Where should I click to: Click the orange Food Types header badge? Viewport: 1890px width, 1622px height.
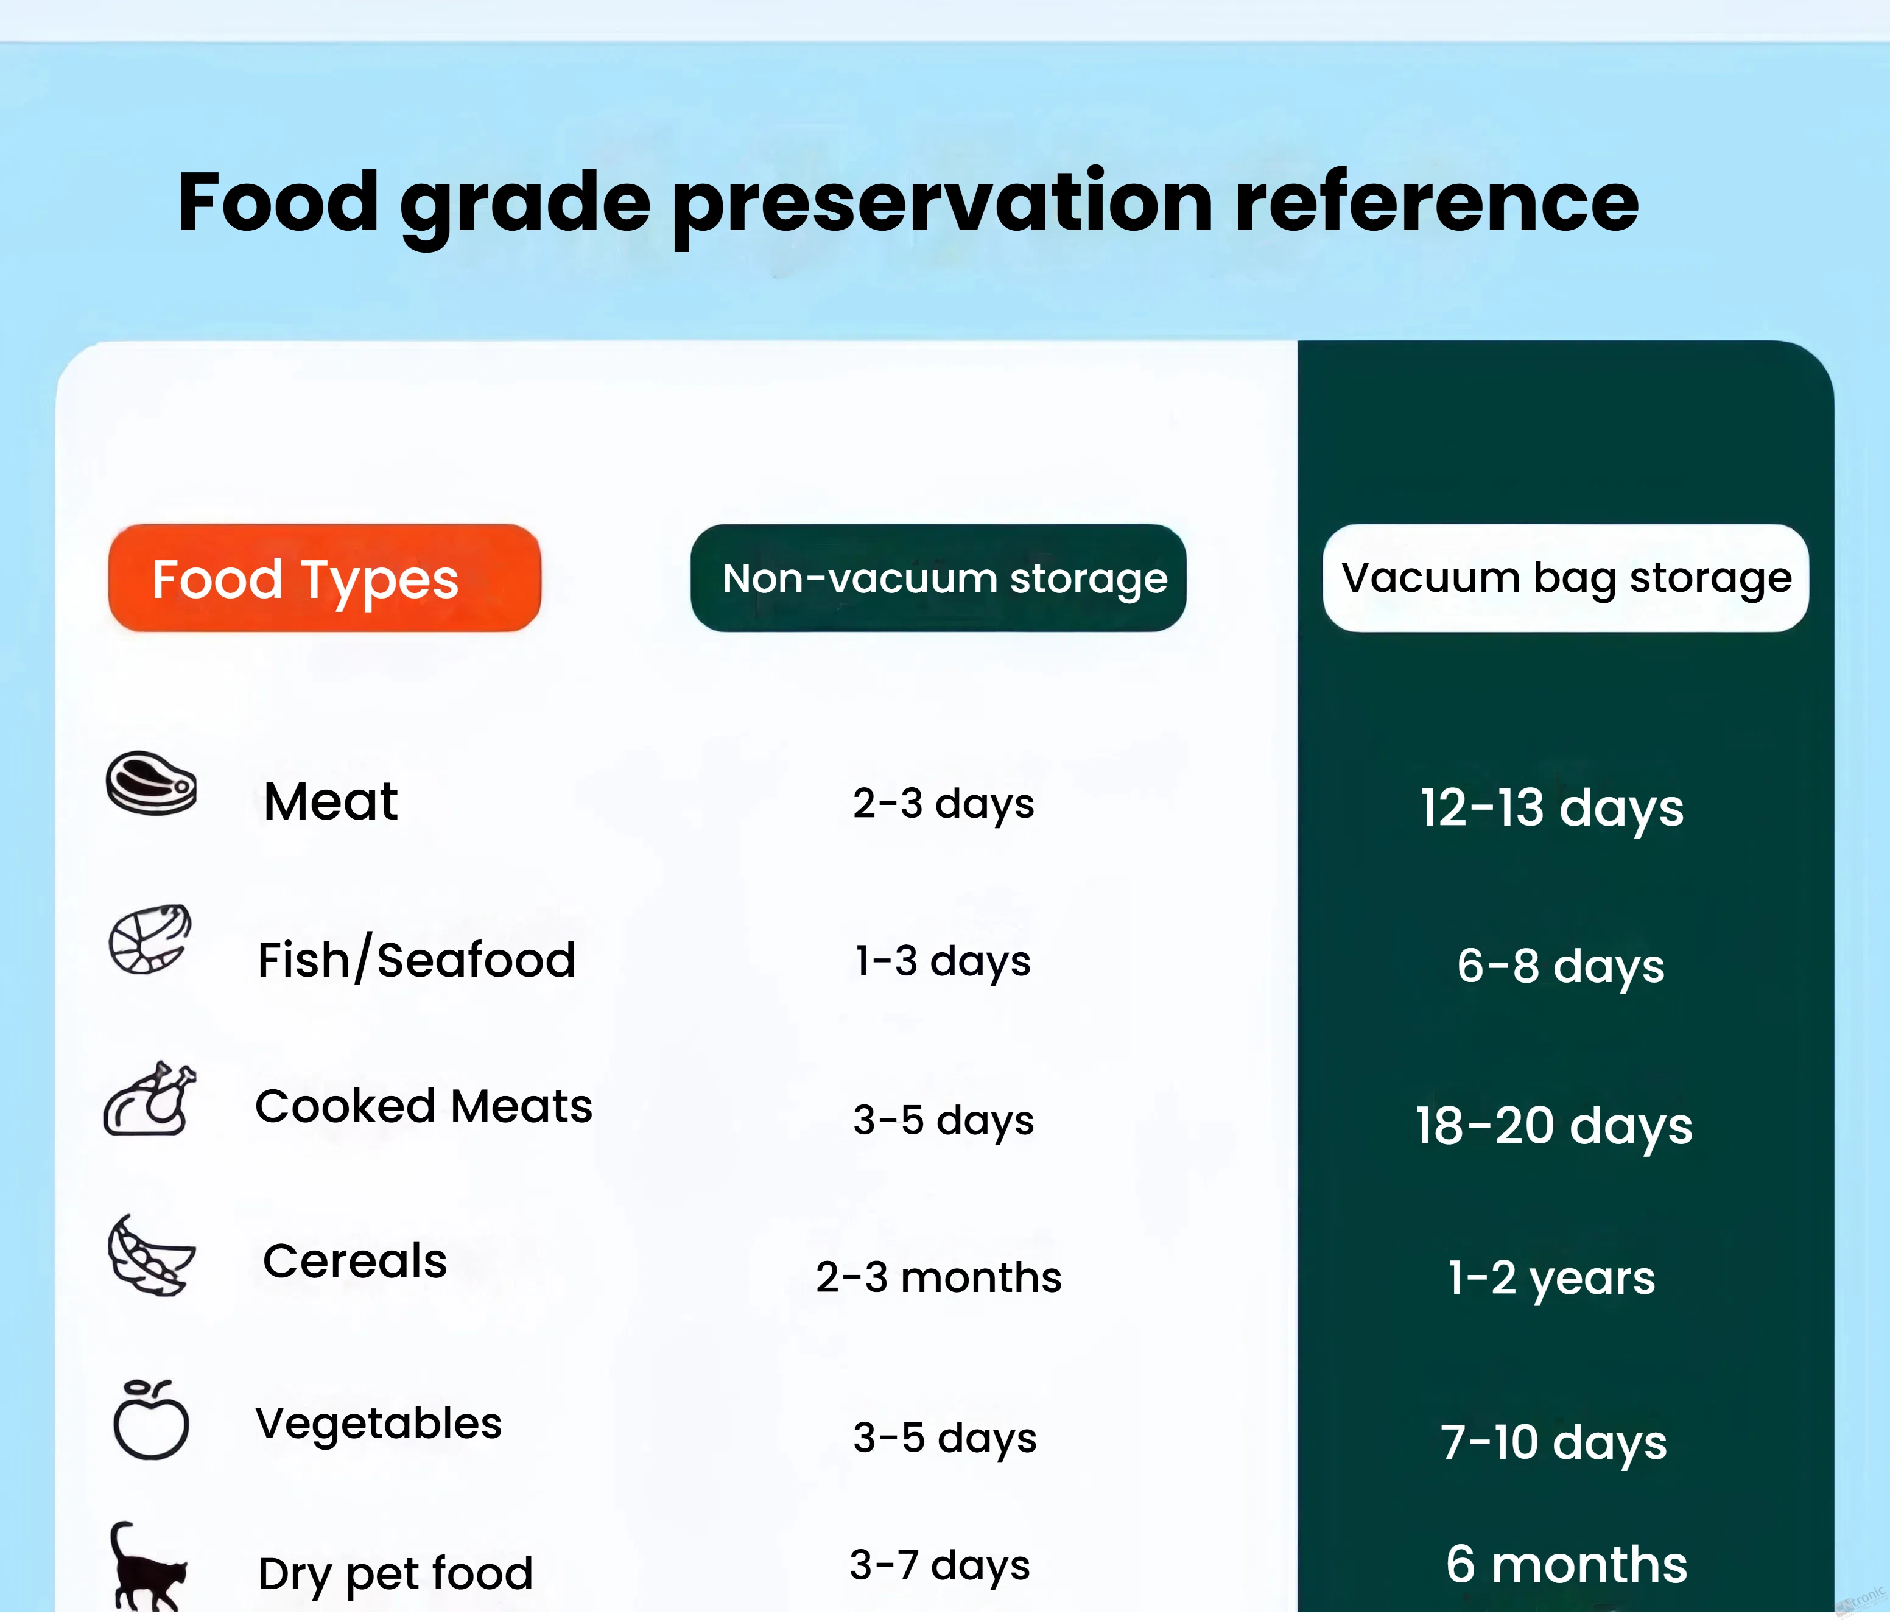325,577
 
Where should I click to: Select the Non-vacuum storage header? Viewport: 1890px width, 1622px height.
939,577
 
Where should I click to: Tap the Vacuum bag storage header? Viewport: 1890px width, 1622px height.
1566,577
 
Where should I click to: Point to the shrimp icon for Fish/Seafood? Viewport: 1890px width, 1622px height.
150,939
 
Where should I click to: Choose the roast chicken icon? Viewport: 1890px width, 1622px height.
150,1098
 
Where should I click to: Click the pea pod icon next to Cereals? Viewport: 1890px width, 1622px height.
150,1255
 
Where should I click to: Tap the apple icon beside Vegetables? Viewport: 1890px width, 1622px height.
150,1419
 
